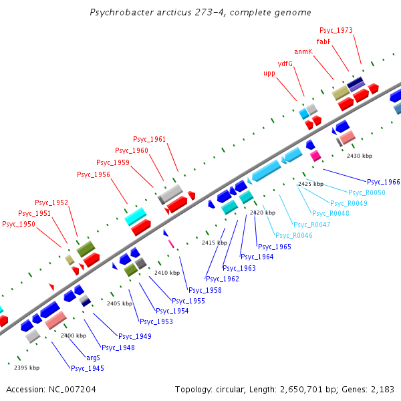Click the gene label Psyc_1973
[336, 30]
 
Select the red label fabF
[323, 41]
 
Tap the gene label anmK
[303, 51]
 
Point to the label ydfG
[285, 63]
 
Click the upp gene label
[269, 74]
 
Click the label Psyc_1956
[94, 175]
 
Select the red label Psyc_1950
[19, 225]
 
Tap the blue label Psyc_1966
[384, 182]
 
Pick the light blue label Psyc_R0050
[367, 192]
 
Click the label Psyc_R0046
[293, 235]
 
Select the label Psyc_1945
[88, 368]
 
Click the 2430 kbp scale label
[360, 156]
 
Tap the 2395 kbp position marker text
[27, 368]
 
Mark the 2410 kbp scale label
[167, 273]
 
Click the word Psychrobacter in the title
[118, 13]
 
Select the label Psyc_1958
[205, 290]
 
